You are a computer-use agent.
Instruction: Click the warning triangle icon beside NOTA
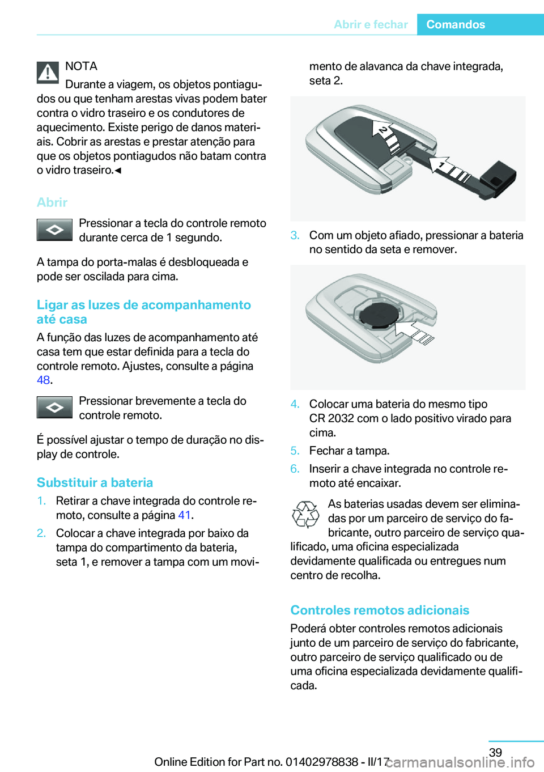48,73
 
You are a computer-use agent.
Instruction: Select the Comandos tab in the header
456,24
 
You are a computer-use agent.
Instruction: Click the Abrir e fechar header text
371,24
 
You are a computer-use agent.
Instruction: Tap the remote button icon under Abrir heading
54,230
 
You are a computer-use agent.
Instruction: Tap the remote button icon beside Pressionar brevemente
54,407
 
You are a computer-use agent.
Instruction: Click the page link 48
43,380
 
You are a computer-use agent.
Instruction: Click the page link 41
184,515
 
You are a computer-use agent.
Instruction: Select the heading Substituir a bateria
95,482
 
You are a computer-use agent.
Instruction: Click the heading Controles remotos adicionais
380,610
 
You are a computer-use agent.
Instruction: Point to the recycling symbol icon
305,514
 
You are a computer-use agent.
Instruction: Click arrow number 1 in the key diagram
440,164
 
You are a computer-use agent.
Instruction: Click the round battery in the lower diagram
375,313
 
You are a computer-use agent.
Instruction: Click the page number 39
495,752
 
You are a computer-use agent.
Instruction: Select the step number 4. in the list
295,404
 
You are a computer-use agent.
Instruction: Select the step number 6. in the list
295,468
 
